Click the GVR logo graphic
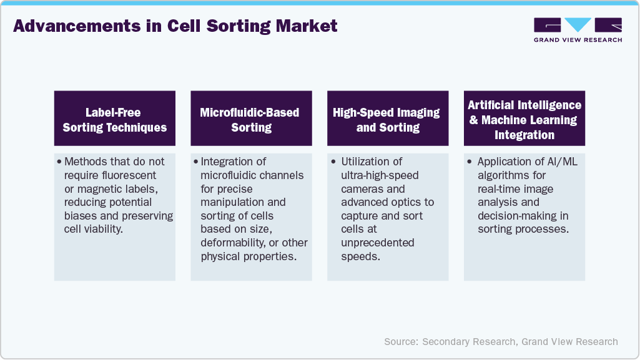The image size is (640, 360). tap(578, 25)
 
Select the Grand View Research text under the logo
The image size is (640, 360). tap(578, 40)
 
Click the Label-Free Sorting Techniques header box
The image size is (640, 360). tap(114, 120)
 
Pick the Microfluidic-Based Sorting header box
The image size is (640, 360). tap(251, 120)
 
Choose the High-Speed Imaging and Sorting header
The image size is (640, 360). tap(387, 120)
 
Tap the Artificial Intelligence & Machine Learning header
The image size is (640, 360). tap(524, 120)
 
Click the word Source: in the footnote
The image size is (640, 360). tap(401, 341)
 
